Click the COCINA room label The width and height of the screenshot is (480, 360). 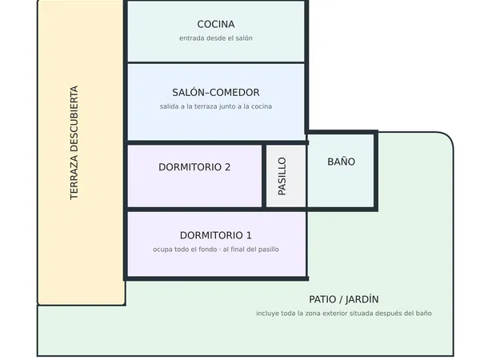point(216,24)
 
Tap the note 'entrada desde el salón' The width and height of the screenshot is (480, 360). point(216,38)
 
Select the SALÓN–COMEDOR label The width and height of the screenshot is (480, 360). point(216,92)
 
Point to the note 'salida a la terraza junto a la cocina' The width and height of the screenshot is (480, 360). point(216,106)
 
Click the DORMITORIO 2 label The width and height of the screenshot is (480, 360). point(194,167)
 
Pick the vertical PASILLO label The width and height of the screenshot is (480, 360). point(282,176)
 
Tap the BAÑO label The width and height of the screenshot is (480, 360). point(342,162)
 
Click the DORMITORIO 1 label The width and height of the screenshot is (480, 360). point(216,235)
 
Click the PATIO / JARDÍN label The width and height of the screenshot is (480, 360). point(344,299)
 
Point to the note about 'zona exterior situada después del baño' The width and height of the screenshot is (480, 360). point(344,314)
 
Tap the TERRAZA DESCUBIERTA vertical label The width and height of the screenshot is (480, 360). point(74,142)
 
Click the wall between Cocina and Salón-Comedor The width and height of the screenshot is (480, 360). point(216,62)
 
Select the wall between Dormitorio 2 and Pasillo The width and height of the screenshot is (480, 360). point(264,176)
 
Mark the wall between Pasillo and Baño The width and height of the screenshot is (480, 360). point(306,176)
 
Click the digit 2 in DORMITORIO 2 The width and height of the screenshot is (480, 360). point(227,167)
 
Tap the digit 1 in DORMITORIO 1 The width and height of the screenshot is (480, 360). point(249,235)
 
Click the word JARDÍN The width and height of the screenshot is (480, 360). point(362,299)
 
